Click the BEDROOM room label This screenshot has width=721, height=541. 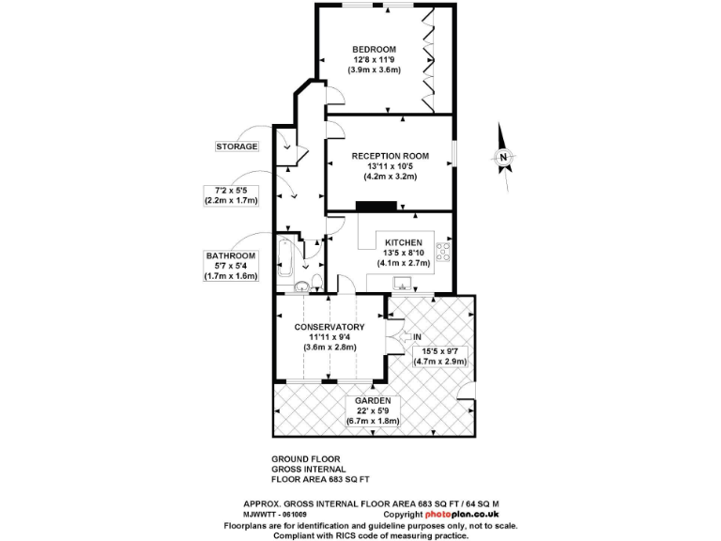point(374,49)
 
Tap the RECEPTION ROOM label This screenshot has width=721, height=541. point(391,155)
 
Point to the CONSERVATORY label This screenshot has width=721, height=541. point(328,327)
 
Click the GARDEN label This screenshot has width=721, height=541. point(373,400)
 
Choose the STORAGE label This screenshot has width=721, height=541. point(237,147)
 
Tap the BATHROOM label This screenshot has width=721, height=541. point(231,255)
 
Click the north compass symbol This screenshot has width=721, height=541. point(504,156)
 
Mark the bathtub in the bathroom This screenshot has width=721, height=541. point(284,255)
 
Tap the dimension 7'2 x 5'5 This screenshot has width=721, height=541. point(231,190)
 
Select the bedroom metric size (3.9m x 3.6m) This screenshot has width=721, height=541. point(374,70)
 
